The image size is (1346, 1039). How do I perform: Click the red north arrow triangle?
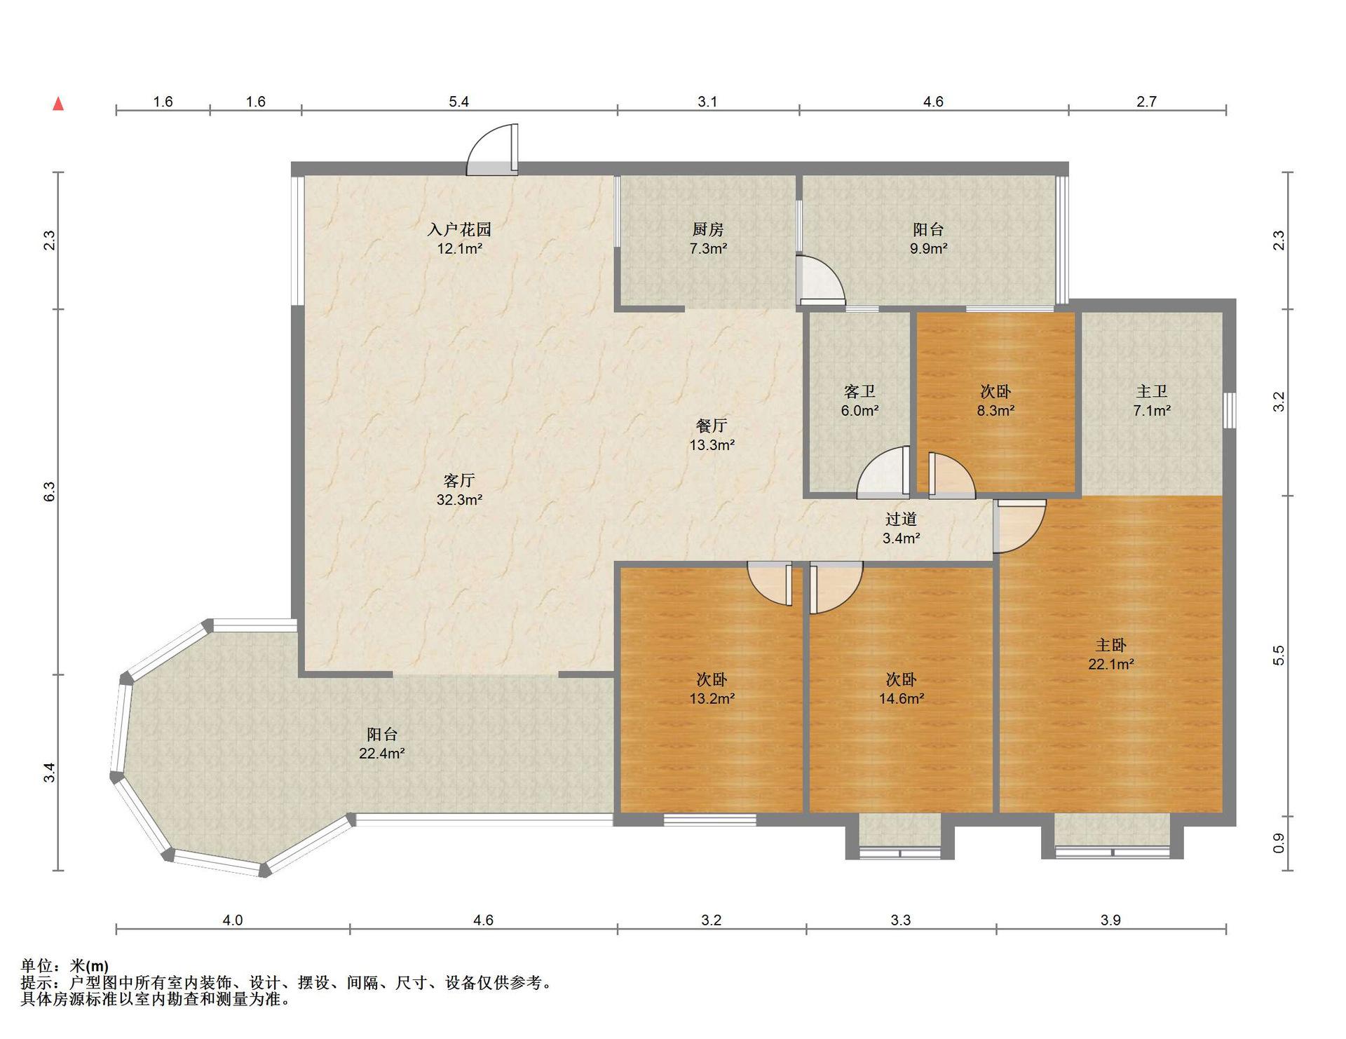coord(59,104)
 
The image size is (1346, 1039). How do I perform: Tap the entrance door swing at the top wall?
coord(492,149)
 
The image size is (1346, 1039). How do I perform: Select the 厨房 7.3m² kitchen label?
coord(708,238)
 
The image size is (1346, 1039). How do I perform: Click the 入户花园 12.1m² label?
coord(459,238)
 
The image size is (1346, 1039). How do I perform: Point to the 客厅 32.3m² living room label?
coord(459,489)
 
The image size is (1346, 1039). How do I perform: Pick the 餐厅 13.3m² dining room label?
coord(712,435)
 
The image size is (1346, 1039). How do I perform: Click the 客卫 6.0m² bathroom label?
coord(859,400)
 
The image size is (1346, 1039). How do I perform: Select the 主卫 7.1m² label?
coord(1152,400)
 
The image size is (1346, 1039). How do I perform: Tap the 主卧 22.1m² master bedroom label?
coord(1111,653)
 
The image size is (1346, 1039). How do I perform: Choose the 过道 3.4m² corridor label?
coord(901,528)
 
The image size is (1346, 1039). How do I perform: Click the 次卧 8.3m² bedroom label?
coord(995,400)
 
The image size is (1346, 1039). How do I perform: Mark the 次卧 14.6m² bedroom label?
coord(901,688)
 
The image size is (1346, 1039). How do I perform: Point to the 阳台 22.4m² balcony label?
coord(382,743)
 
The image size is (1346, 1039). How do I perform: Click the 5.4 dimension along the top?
coord(458,102)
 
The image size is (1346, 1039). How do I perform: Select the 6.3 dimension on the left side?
coord(49,491)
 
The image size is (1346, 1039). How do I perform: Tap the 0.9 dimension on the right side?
coord(1279,843)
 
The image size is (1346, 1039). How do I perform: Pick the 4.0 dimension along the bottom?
coord(233,920)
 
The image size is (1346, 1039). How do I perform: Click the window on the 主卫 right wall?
coord(1230,410)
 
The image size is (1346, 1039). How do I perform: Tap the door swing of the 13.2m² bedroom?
coord(770,583)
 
